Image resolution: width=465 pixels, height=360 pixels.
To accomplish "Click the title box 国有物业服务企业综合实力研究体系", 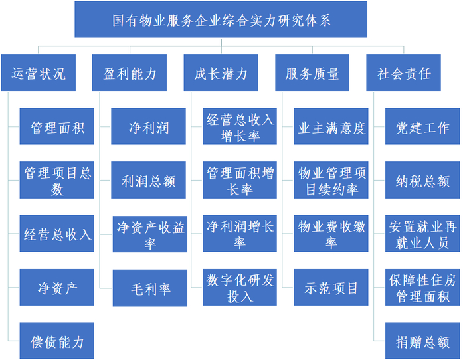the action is coord(221,19).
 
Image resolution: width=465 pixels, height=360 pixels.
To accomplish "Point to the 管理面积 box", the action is coord(57,126).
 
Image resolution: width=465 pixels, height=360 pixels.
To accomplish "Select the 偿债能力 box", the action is coord(57,341).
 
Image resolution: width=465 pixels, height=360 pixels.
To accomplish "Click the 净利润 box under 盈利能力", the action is coord(149,126).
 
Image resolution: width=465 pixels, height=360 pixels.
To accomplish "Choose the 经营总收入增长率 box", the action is coord(240,126).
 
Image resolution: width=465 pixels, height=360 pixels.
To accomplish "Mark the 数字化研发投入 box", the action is coord(240,288).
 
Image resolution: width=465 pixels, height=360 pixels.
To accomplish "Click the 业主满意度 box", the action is coord(331,126).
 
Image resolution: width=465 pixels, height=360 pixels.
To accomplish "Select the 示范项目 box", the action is coord(331,288).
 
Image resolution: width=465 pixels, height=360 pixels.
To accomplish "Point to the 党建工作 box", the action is coord(422,126).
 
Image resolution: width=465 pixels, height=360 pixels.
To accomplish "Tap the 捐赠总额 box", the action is coord(422,341).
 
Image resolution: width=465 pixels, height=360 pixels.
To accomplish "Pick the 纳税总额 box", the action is coord(422,180).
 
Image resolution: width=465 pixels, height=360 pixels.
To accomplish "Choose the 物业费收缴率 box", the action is coord(331,234).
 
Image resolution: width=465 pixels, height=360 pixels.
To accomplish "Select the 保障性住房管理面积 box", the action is coord(422,288).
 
